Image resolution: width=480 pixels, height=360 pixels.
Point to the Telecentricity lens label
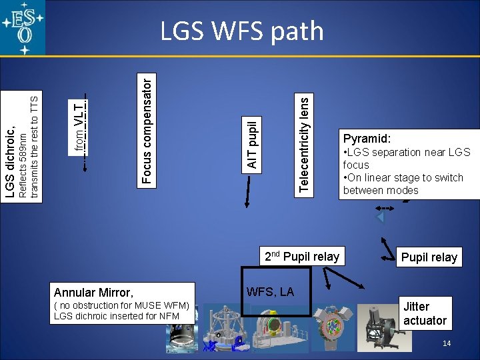coord(303,143)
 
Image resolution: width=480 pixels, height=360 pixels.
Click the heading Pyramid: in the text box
coord(367,139)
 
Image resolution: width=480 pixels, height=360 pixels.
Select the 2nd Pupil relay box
coord(302,257)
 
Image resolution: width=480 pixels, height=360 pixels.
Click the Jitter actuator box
coord(425,313)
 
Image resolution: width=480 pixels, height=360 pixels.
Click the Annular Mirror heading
coord(93,292)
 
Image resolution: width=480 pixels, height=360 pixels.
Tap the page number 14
coord(447,343)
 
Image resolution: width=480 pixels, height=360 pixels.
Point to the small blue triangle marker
coord(380,217)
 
